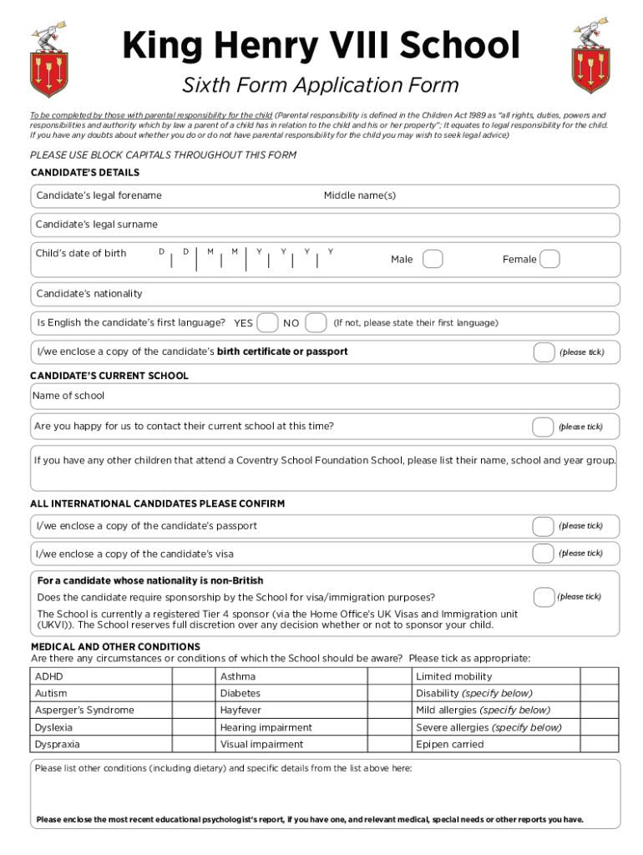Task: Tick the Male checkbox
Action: click(x=433, y=260)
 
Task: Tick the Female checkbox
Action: click(x=549, y=260)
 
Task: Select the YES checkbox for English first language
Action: click(x=267, y=322)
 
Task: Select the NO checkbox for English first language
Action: click(x=316, y=322)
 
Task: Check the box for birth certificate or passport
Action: click(x=544, y=352)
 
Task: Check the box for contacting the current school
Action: click(x=543, y=427)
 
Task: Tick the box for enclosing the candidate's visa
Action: click(x=544, y=554)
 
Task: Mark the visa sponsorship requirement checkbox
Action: click(x=544, y=597)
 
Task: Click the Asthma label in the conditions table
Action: click(x=238, y=676)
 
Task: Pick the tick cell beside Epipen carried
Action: click(x=599, y=744)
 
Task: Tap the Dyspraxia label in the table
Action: click(x=58, y=744)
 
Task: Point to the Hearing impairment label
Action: click(x=266, y=727)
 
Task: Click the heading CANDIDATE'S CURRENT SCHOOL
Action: click(x=109, y=376)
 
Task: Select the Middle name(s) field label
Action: click(x=359, y=195)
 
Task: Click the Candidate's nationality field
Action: click(x=326, y=294)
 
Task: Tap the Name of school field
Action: click(x=326, y=397)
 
